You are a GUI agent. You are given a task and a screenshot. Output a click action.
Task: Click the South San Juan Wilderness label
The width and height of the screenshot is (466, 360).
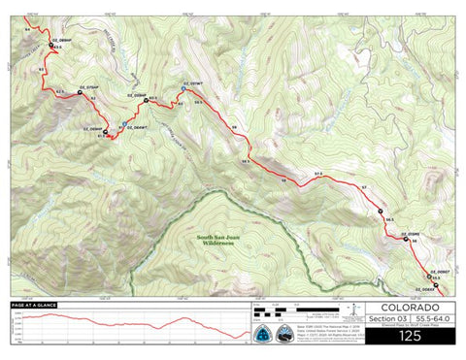tap(216, 241)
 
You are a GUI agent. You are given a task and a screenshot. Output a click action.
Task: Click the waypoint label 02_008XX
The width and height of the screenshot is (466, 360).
tap(433, 291)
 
